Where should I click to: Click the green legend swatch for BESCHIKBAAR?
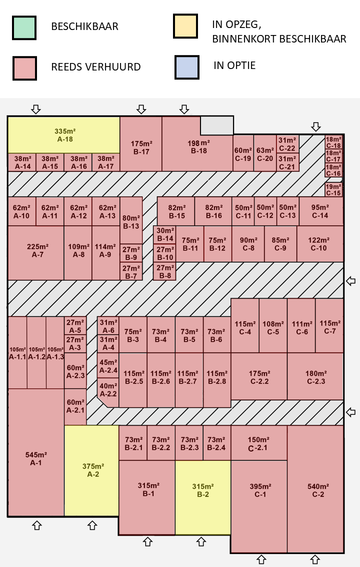tap(24, 27)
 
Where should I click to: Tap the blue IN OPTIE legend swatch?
tap(187, 67)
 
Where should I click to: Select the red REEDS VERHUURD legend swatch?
tap(24, 68)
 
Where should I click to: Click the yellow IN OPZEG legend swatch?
tap(185, 26)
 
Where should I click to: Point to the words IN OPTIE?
tap(234, 65)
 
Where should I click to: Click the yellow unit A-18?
tap(64, 135)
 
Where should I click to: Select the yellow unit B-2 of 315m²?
tap(203, 497)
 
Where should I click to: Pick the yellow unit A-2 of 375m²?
tap(92, 470)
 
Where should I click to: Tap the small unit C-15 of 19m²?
tap(333, 190)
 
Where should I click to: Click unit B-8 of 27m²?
tap(165, 271)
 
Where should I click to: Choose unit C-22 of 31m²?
tap(287, 144)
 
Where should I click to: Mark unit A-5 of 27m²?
tap(75, 326)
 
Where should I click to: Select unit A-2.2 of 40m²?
tap(108, 390)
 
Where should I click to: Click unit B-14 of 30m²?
tap(165, 234)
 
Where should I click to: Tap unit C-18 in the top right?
tap(333, 142)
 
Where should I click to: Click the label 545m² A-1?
tap(36, 459)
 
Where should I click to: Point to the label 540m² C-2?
tap(318, 490)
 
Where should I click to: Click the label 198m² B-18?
tap(198, 147)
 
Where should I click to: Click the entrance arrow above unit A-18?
tap(36, 109)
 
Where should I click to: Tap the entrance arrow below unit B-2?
tap(201, 541)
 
